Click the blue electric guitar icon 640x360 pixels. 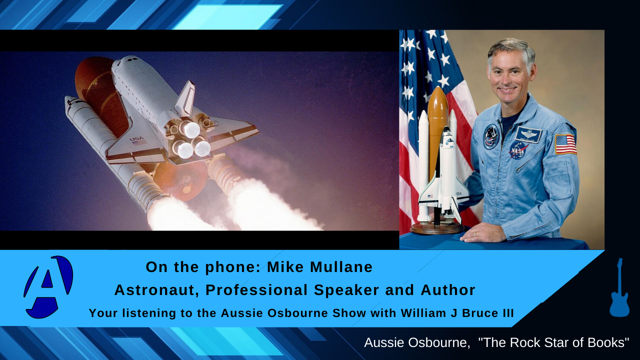tap(619, 289)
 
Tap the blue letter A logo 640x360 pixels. tap(48, 287)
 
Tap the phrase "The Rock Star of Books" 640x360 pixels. tap(553, 343)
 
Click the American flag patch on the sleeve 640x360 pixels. tap(565, 143)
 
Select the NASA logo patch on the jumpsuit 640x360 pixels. tap(518, 149)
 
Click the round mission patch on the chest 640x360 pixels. tap(491, 136)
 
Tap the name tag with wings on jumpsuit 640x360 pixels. tap(528, 134)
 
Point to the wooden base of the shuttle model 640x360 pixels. tap(436, 228)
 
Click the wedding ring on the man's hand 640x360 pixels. tap(475, 234)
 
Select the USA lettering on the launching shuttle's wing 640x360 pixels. tap(136, 139)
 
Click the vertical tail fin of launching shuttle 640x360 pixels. tap(185, 97)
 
